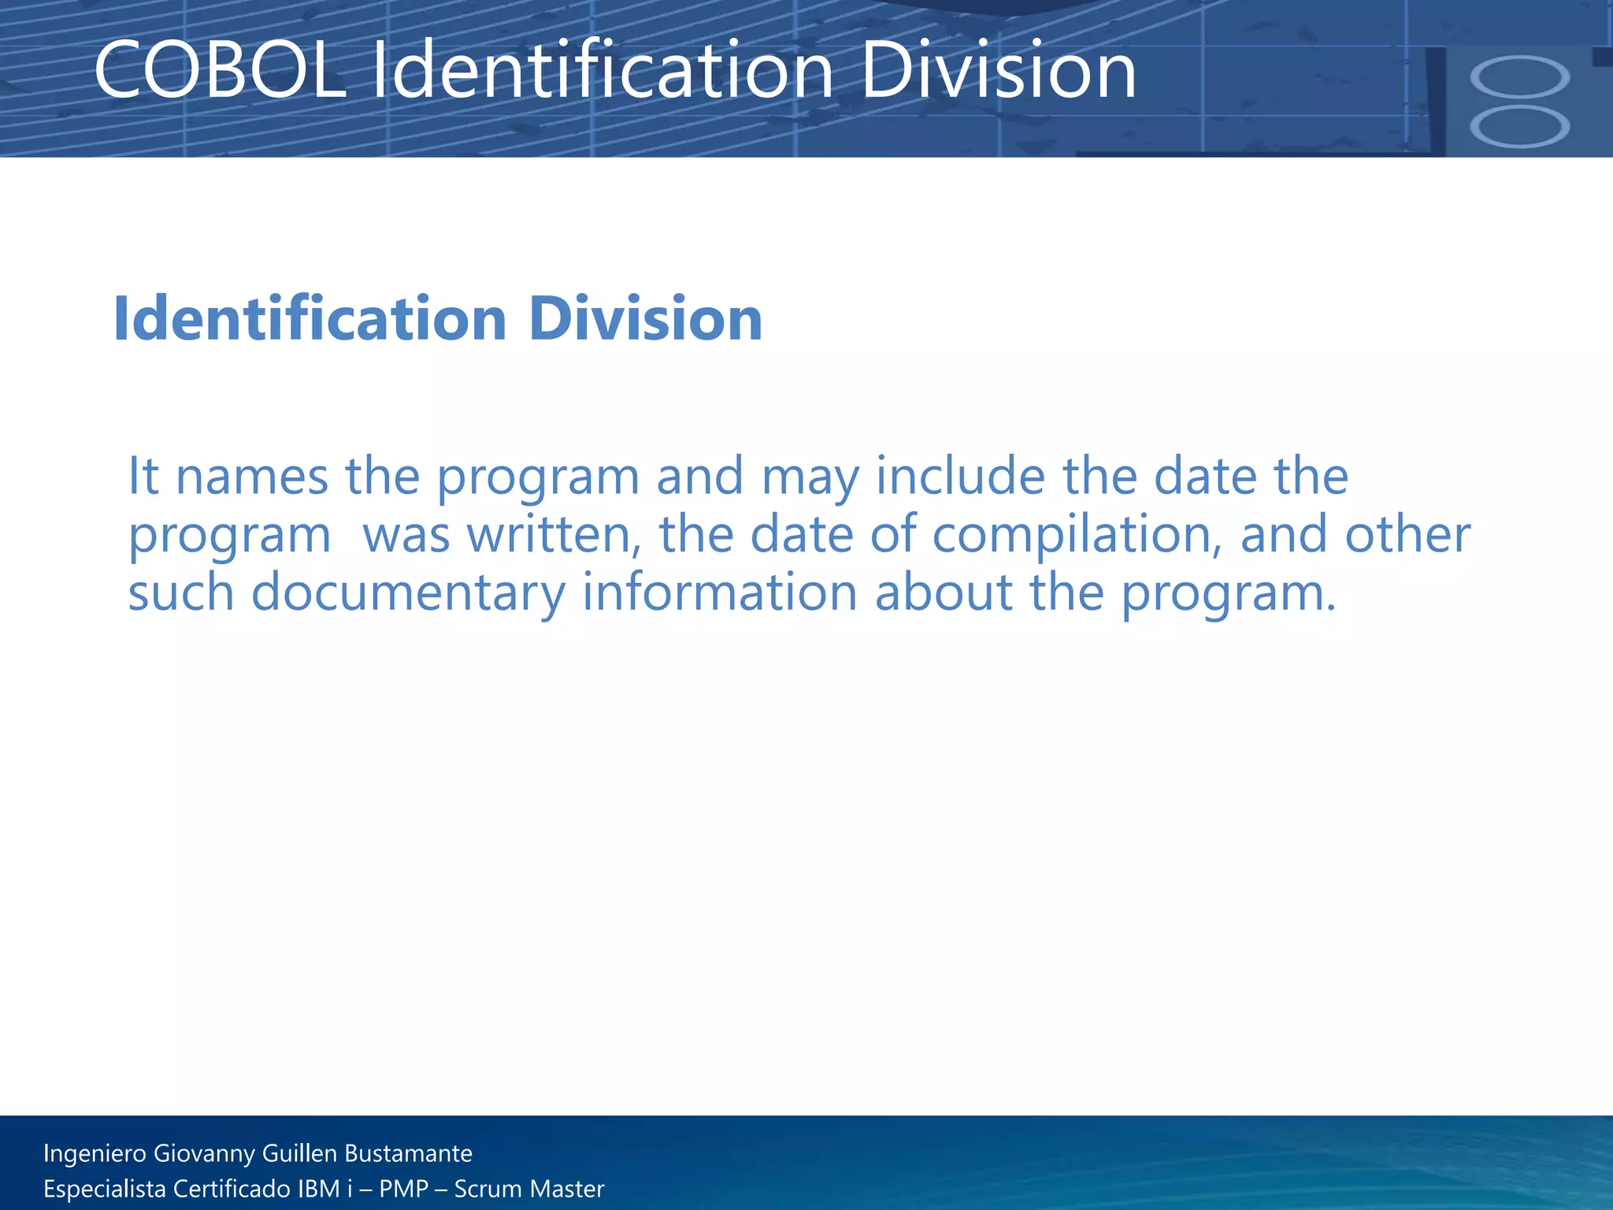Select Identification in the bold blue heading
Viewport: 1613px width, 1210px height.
pos(310,319)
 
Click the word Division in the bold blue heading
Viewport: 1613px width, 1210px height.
pos(645,319)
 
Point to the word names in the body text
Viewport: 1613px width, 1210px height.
pos(251,477)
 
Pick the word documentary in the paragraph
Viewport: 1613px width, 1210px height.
pos(408,593)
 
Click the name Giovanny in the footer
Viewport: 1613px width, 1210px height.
pos(204,1154)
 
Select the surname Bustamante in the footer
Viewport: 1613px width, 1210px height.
pos(408,1153)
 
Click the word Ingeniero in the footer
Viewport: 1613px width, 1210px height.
pos(95,1154)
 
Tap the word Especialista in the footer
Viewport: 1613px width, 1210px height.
pos(104,1189)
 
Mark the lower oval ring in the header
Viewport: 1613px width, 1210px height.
pos(1519,127)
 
